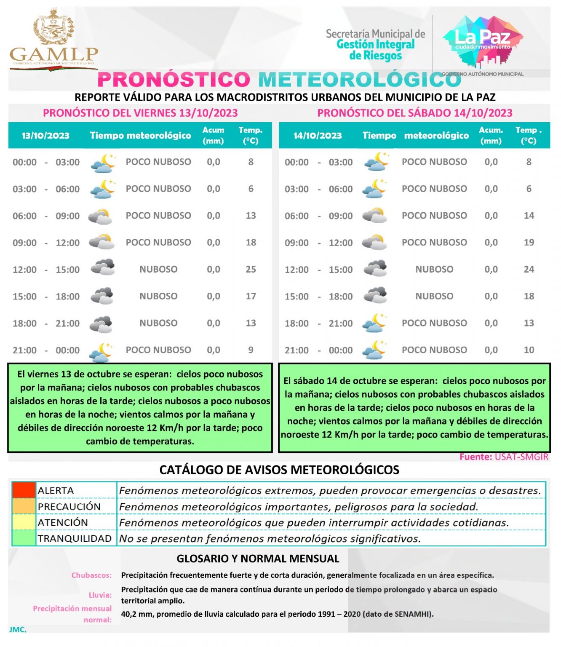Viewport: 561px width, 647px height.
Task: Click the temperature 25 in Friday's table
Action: point(251,269)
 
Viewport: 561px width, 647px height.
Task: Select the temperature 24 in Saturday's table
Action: point(529,269)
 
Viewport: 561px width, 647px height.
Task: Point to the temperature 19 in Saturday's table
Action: point(529,242)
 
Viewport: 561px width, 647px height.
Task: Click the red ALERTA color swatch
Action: point(24,490)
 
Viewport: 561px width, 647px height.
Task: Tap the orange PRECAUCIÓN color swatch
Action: point(24,506)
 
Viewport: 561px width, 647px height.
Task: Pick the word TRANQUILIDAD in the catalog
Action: point(75,538)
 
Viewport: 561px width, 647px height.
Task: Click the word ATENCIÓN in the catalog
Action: point(63,522)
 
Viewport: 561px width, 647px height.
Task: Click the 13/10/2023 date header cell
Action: point(45,136)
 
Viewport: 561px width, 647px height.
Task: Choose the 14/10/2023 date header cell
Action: point(318,136)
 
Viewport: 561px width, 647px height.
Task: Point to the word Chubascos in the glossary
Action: point(91,575)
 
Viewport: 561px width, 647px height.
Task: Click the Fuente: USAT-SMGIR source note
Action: point(504,457)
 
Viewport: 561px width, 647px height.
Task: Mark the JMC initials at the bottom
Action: point(18,629)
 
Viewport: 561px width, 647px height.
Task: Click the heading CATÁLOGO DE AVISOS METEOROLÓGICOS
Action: point(279,470)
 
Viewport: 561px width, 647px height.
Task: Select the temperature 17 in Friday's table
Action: point(251,296)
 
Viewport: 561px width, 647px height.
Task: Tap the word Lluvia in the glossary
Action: point(100,595)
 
